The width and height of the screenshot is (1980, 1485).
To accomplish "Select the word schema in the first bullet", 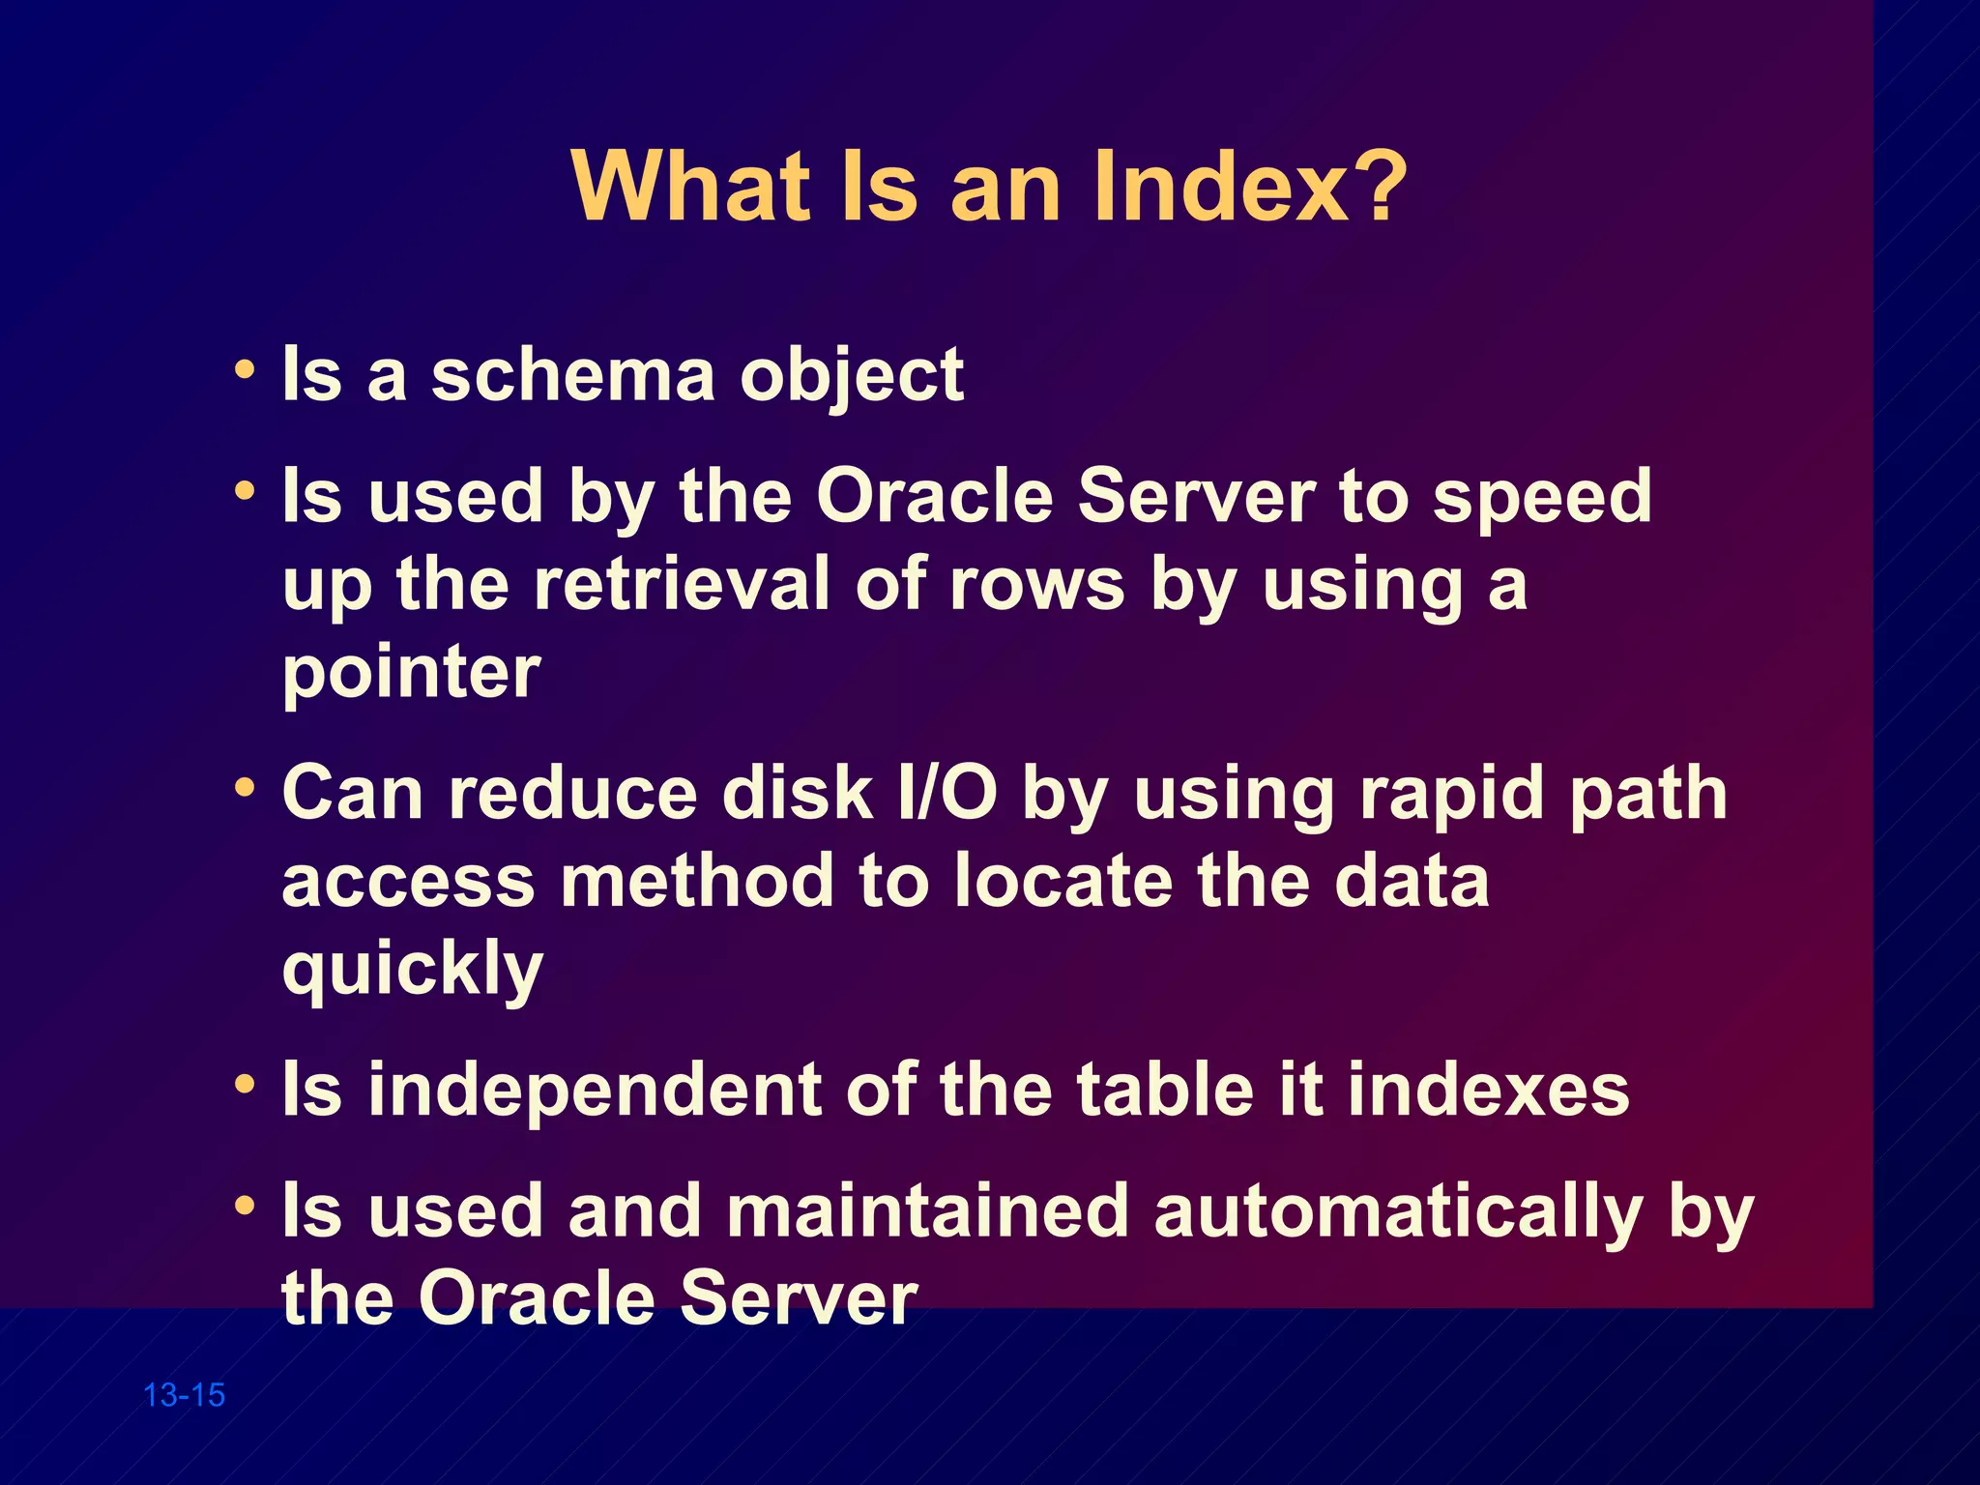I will pos(573,375).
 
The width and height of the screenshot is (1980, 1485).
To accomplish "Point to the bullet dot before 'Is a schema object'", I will pos(245,370).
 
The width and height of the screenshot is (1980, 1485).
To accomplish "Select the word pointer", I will pos(411,674).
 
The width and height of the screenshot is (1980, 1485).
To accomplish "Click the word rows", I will pos(1037,584).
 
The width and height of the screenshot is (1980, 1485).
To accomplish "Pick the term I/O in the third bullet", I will pos(947,794).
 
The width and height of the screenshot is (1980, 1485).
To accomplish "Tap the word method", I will pos(696,881).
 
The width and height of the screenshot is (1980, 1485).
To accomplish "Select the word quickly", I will pos(413,970).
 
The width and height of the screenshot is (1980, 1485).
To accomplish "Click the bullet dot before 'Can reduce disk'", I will pos(245,788).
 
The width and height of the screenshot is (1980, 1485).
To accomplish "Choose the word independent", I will pos(594,1091).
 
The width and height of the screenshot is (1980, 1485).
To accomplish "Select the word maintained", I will pos(927,1210).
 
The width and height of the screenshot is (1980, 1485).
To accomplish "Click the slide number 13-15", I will pos(184,1395).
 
